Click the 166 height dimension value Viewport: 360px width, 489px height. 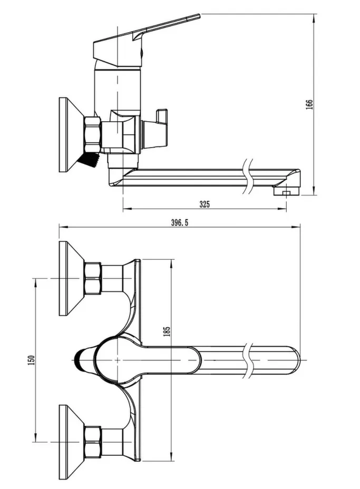[x=309, y=104]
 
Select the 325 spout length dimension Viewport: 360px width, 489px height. [x=205, y=204]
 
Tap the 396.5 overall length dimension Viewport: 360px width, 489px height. [x=180, y=222]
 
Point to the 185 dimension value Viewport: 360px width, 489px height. [x=167, y=331]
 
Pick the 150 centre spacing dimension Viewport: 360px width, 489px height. [x=32, y=360]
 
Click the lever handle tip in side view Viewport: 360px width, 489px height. [x=198, y=16]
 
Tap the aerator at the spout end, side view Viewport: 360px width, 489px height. [x=286, y=191]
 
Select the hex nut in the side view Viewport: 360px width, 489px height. [x=93, y=134]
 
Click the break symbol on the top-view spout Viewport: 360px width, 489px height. [x=249, y=360]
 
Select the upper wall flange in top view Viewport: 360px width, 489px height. [x=71, y=278]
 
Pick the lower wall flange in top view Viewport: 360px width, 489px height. [x=71, y=442]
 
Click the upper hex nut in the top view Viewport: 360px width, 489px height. [x=93, y=278]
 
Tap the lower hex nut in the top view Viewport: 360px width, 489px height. [x=93, y=442]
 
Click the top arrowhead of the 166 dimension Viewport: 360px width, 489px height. [x=314, y=17]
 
